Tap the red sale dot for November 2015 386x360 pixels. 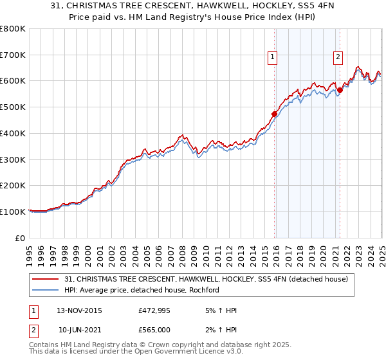tap(275, 114)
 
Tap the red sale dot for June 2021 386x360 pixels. tap(340, 90)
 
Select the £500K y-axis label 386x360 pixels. tap(13, 107)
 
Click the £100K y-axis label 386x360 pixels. tap(13, 212)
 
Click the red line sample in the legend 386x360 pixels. tap(46, 279)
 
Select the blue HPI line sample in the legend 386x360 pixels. tap(46, 290)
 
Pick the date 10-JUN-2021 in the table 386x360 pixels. tap(82, 330)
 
